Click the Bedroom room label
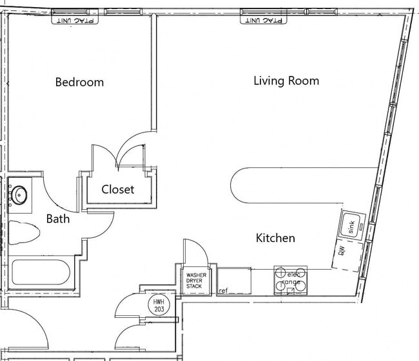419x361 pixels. coord(79,82)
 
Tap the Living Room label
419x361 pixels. coord(286,81)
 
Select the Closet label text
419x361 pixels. coord(118,189)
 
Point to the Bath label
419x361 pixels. coord(57,219)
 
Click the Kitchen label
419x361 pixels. coord(275,238)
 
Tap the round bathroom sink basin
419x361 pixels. coord(20,194)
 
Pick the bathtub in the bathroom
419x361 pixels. coord(40,272)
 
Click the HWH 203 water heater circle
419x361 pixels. coord(157,304)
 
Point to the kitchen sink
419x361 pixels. coord(352,225)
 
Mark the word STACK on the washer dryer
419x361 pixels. coord(194,286)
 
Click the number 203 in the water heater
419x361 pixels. coord(157,309)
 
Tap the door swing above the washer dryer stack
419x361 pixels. coord(195,252)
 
